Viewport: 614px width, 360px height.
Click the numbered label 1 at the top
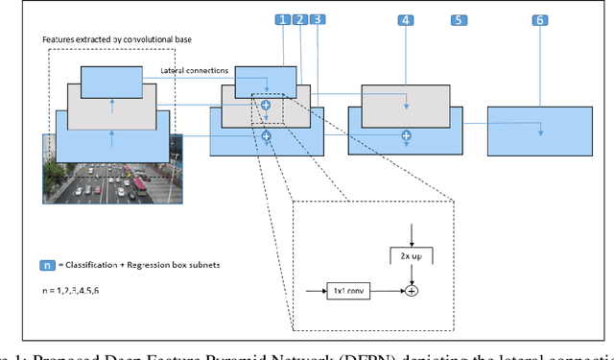tap(281, 19)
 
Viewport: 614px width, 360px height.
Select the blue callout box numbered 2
tap(299, 19)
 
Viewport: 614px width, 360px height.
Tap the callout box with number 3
tap(317, 19)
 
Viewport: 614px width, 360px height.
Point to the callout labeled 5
tap(459, 20)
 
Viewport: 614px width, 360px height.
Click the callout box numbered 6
tap(541, 20)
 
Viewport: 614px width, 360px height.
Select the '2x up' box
tap(411, 255)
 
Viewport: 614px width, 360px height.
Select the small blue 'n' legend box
tap(47, 265)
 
